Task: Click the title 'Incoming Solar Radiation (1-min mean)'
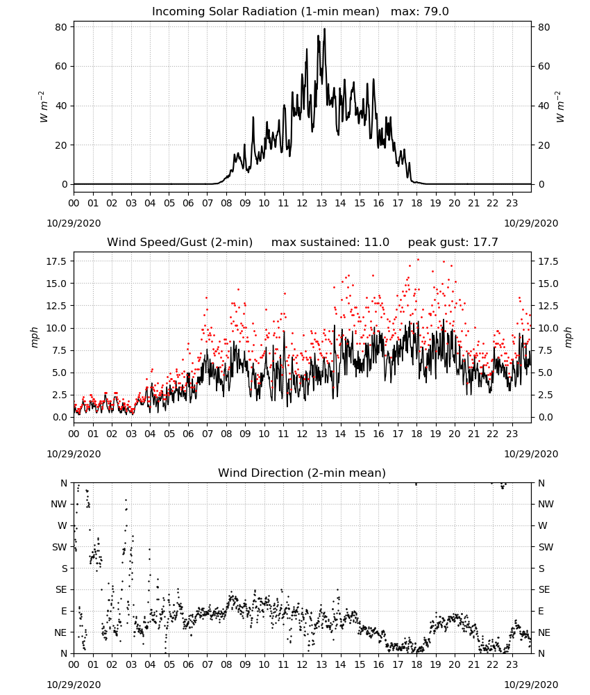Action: point(266,12)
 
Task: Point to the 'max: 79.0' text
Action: point(420,12)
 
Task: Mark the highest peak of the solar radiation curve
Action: point(324,28)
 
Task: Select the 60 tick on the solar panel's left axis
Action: point(61,67)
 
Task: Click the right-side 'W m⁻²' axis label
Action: point(559,107)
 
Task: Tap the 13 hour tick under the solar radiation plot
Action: point(321,204)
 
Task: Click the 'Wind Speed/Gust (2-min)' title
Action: point(180,243)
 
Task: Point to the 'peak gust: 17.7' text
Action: point(453,243)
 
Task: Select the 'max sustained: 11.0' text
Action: point(330,243)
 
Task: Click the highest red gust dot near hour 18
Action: point(418,260)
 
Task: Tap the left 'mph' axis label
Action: point(35,337)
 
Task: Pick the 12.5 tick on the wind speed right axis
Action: point(548,306)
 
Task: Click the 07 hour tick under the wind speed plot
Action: point(207,434)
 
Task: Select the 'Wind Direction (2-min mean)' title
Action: point(302,473)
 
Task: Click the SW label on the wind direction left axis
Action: point(60,547)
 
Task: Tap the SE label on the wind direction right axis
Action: point(544,589)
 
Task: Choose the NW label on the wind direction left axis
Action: point(59,504)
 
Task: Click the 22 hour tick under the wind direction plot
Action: point(493,665)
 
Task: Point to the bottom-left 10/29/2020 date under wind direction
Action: point(74,685)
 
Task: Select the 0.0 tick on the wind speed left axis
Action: point(59,417)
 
